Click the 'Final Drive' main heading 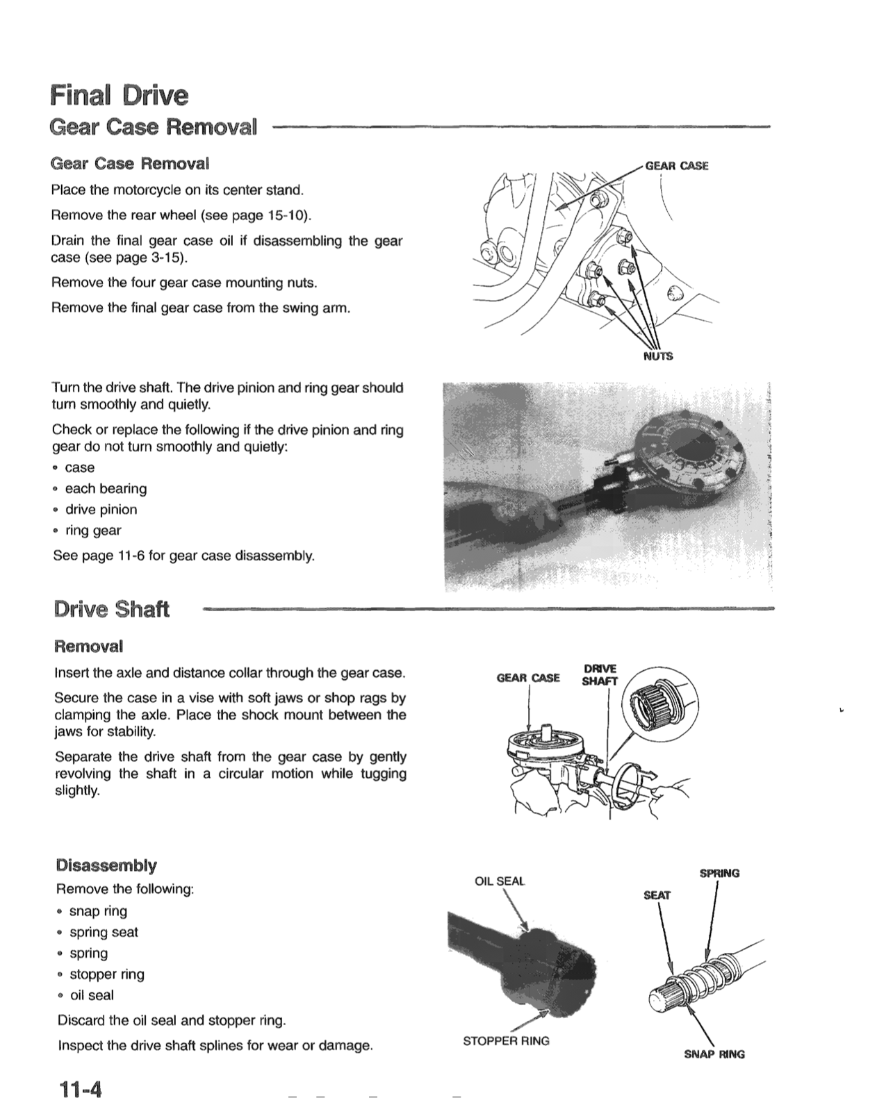point(119,95)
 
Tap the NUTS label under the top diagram point(657,356)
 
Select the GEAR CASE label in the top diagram point(676,165)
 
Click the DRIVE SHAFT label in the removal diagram point(599,675)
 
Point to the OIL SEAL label point(499,881)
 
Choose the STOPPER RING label point(506,1040)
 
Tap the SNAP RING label point(714,1054)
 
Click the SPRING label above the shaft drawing point(719,873)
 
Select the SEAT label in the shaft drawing point(657,895)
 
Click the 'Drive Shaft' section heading point(111,609)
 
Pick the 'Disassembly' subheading point(106,865)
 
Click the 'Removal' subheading point(89,647)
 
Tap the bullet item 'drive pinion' point(101,509)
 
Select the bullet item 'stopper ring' point(107,974)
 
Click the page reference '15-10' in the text point(284,215)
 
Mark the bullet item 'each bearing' point(106,488)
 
